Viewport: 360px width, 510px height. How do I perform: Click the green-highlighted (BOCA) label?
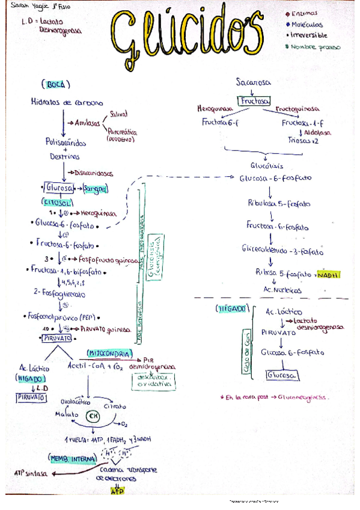tap(56, 84)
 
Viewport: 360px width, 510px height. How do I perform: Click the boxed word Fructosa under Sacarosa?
tap(254, 100)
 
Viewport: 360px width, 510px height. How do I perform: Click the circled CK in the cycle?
tap(93, 416)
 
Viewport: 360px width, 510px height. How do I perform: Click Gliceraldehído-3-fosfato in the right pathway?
tap(282, 248)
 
